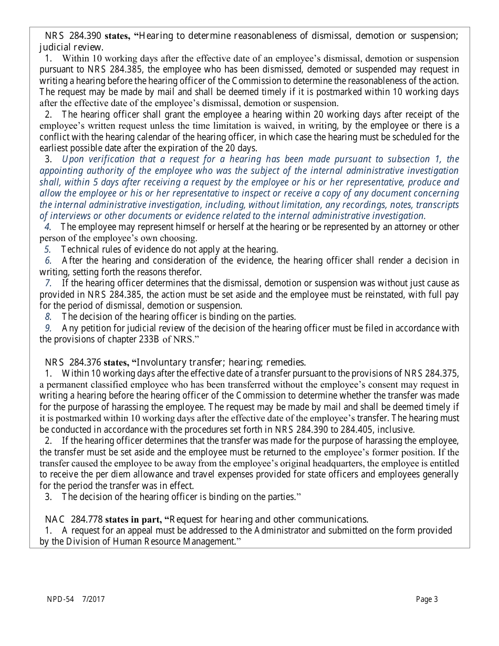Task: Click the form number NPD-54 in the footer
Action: click(59, 599)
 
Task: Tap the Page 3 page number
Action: click(427, 599)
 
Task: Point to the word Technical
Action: click(79, 249)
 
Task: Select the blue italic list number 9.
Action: click(48, 328)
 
